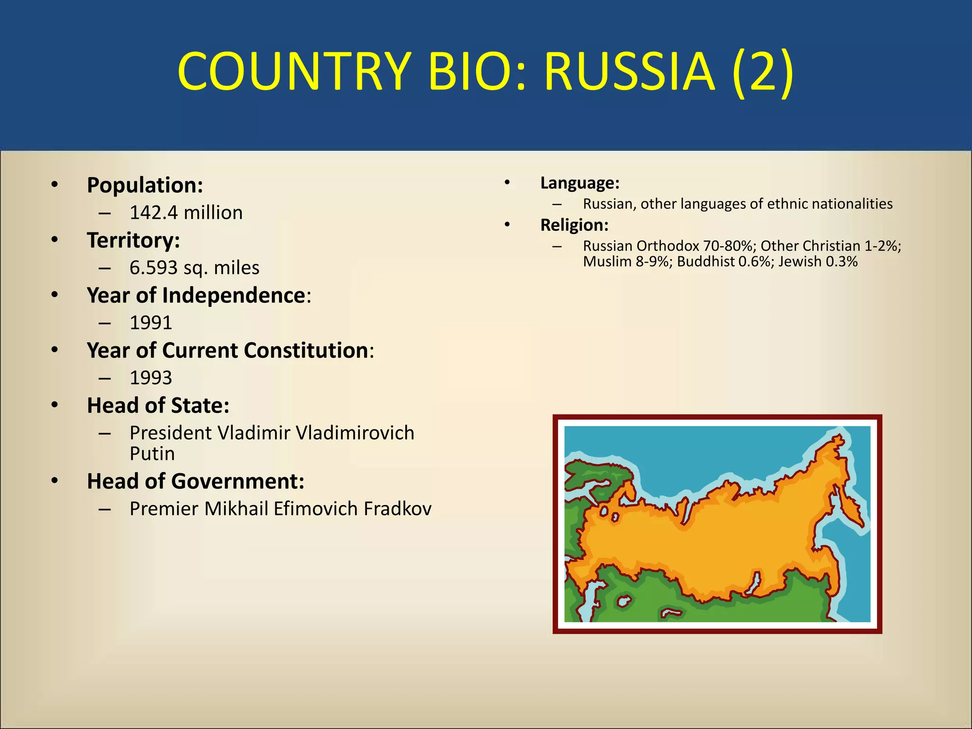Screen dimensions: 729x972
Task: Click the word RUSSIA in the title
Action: pyautogui.click(x=628, y=72)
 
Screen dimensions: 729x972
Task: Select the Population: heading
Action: pyautogui.click(x=145, y=185)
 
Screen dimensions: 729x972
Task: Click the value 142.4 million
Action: pyautogui.click(x=186, y=213)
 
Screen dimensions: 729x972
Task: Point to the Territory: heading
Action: pyautogui.click(x=133, y=240)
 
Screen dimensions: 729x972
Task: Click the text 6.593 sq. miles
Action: pyautogui.click(x=194, y=268)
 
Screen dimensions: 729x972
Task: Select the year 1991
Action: pyautogui.click(x=151, y=323)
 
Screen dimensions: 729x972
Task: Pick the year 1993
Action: pyautogui.click(x=151, y=378)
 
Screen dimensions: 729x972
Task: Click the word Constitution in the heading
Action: pyautogui.click(x=306, y=350)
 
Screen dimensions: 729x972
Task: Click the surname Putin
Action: pyautogui.click(x=152, y=454)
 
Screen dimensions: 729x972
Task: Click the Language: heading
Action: pyautogui.click(x=579, y=183)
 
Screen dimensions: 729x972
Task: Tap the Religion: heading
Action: pyautogui.click(x=574, y=225)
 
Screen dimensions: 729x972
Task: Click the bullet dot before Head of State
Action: pyautogui.click(x=55, y=405)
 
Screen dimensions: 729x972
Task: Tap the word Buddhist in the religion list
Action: pyautogui.click(x=706, y=262)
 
